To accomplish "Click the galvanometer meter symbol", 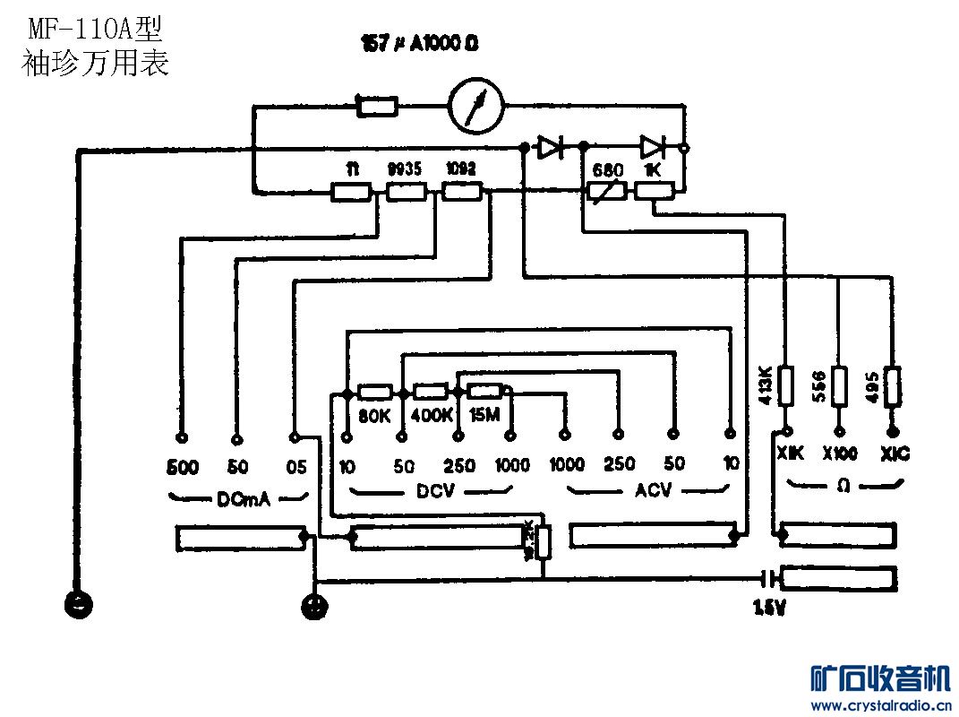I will tap(476, 107).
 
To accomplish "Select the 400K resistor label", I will tap(431, 415).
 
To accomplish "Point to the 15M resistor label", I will tap(484, 415).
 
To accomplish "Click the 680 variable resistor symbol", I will tap(605, 191).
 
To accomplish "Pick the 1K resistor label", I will tap(652, 168).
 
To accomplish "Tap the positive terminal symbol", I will tap(314, 606).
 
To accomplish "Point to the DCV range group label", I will tap(435, 490).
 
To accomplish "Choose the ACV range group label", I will tap(653, 490).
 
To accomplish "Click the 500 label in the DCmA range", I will tap(183, 467).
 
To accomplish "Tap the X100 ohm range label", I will tap(840, 454).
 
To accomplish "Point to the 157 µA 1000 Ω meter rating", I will tap(417, 44).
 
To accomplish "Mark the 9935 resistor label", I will tap(404, 168).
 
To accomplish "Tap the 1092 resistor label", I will tap(461, 168).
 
